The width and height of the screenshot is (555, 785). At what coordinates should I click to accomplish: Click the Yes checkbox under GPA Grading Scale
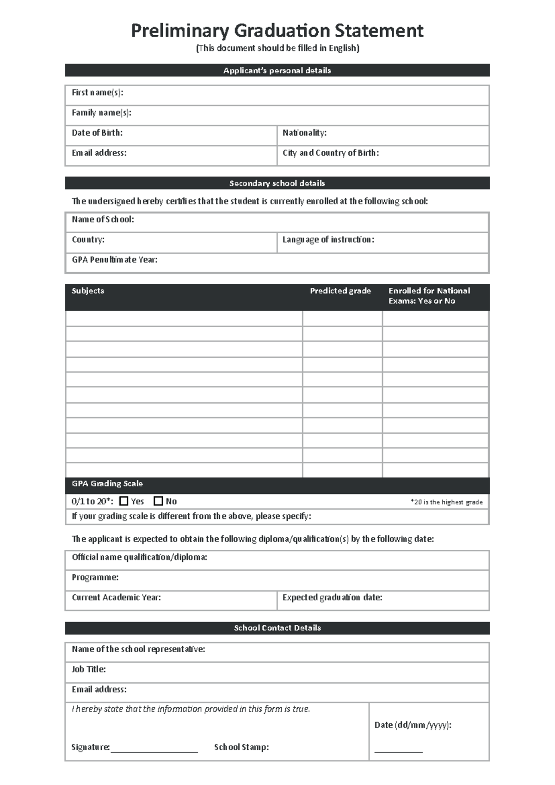[123, 501]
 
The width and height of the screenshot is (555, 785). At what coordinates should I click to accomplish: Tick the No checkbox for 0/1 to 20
[158, 501]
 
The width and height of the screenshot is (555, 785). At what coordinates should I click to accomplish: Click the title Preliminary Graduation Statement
[277, 31]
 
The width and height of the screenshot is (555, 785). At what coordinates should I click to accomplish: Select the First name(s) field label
[97, 93]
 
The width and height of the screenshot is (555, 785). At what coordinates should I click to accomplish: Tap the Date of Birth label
[97, 133]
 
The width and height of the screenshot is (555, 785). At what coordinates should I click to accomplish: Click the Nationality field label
[304, 133]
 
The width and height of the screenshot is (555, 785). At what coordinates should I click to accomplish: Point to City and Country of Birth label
[331, 153]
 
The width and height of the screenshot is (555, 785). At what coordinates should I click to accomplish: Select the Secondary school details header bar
[277, 183]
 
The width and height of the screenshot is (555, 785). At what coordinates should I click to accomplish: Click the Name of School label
[103, 219]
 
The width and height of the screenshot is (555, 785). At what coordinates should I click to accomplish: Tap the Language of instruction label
[328, 239]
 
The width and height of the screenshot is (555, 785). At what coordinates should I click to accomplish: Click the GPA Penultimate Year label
[114, 260]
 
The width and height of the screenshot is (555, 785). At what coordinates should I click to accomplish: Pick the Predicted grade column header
[340, 291]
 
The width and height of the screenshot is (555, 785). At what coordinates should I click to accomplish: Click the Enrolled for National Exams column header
[429, 295]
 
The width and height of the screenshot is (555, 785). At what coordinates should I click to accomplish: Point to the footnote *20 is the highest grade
[446, 502]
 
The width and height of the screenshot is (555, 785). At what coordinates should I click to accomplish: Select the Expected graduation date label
[332, 598]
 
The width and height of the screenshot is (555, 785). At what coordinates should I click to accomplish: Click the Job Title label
[88, 669]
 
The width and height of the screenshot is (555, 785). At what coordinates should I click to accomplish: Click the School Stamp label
[241, 747]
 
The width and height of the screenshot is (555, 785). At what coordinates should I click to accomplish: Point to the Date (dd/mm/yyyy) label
[413, 725]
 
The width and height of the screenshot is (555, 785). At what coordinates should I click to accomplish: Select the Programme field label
[95, 577]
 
